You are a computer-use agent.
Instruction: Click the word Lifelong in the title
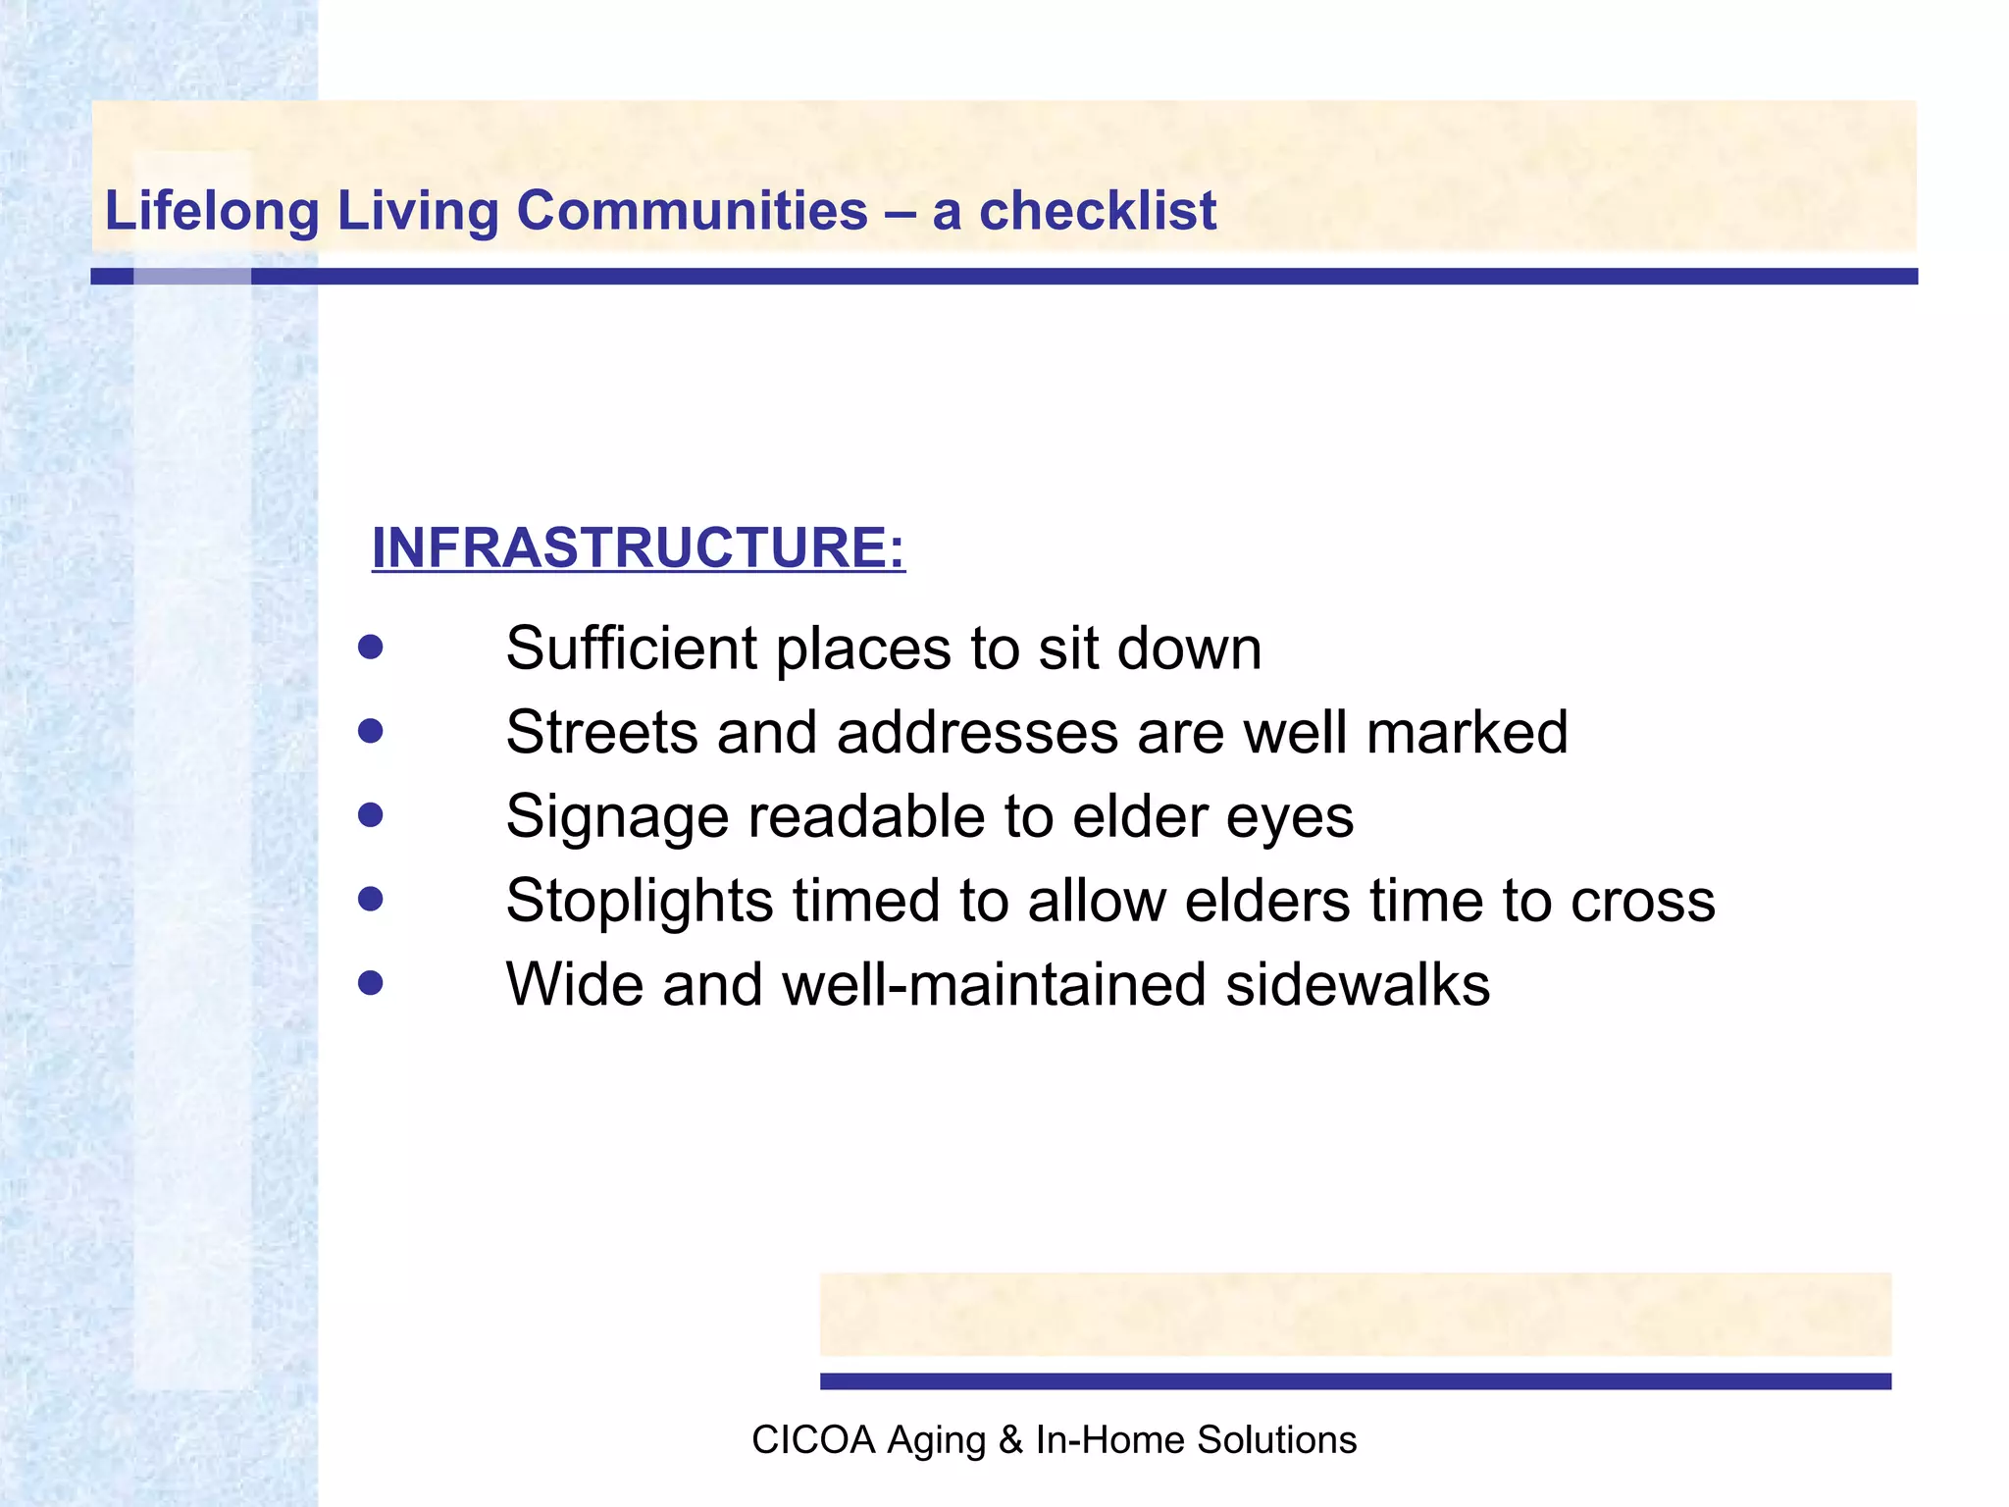[x=212, y=212]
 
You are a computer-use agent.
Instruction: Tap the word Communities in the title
[x=692, y=212]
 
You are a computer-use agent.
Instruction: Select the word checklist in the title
[x=1098, y=212]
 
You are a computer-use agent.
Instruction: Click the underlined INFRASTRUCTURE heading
[x=638, y=547]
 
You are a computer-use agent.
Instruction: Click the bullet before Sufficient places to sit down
[x=370, y=648]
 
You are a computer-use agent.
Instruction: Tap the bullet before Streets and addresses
[x=370, y=732]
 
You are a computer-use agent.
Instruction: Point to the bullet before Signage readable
[x=370, y=815]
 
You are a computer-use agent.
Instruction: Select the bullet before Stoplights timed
[x=370, y=900]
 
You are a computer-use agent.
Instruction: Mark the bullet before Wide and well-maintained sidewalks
[x=370, y=983]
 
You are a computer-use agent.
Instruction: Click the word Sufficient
[x=632, y=649]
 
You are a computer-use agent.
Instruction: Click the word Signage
[x=617, y=818]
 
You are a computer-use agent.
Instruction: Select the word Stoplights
[x=639, y=902]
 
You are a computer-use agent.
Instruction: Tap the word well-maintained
[x=993, y=985]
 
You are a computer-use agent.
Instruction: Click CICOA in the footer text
[x=813, y=1440]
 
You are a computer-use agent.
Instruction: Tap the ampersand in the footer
[x=1009, y=1440]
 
